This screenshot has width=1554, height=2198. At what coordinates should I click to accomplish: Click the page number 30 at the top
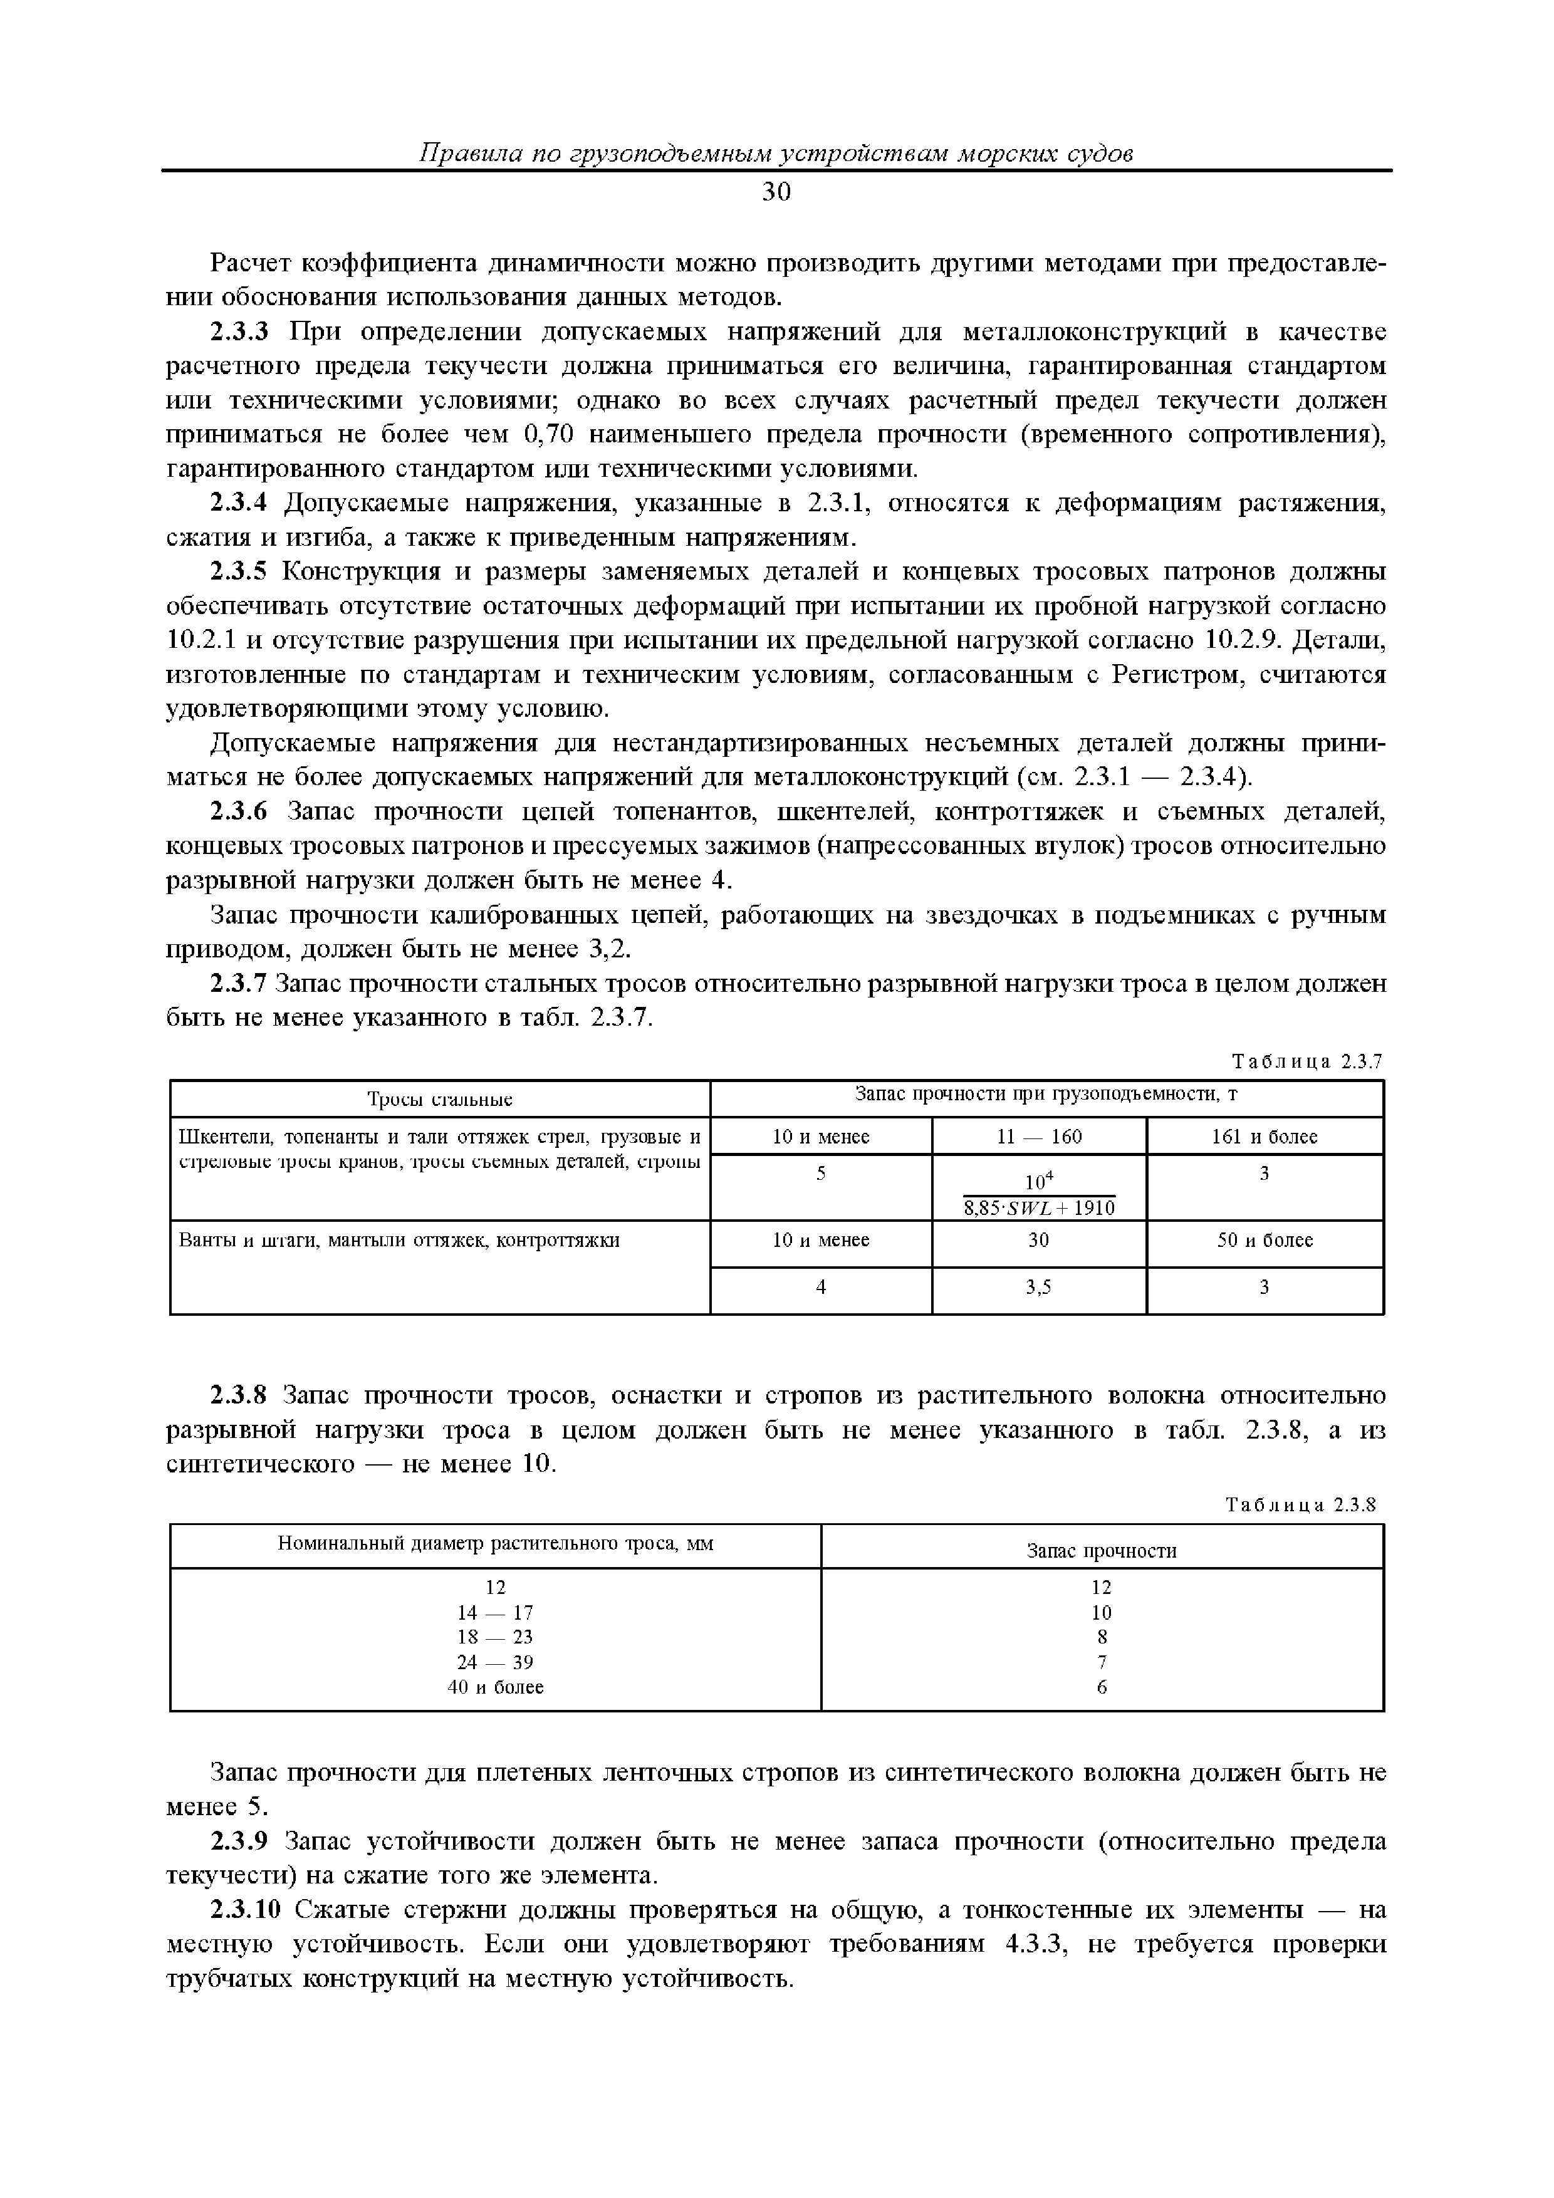(776, 192)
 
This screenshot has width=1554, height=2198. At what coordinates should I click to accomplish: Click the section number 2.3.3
(241, 332)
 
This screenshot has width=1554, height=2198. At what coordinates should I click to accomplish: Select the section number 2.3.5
(241, 571)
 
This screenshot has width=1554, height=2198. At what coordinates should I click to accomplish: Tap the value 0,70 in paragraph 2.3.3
(549, 435)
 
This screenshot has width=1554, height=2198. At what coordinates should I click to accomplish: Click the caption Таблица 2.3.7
(1307, 1061)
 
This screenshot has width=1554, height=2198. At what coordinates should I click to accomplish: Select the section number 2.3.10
(246, 1910)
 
